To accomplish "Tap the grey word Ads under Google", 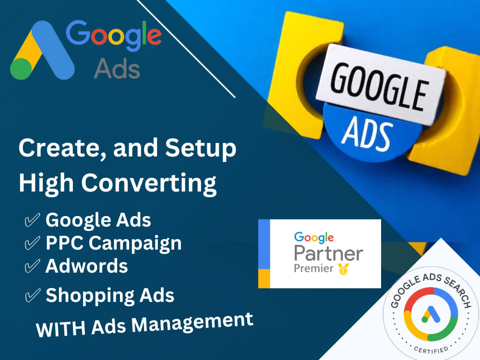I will [x=117, y=69].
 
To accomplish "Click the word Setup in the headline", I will [x=201, y=149].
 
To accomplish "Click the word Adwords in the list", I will [x=87, y=265].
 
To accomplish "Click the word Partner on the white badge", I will [x=328, y=253].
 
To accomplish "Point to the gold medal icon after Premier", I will [x=343, y=269].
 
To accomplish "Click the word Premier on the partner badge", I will [x=313, y=268].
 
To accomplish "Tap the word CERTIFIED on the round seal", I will [x=430, y=349].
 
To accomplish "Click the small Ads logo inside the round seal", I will [x=431, y=315].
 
